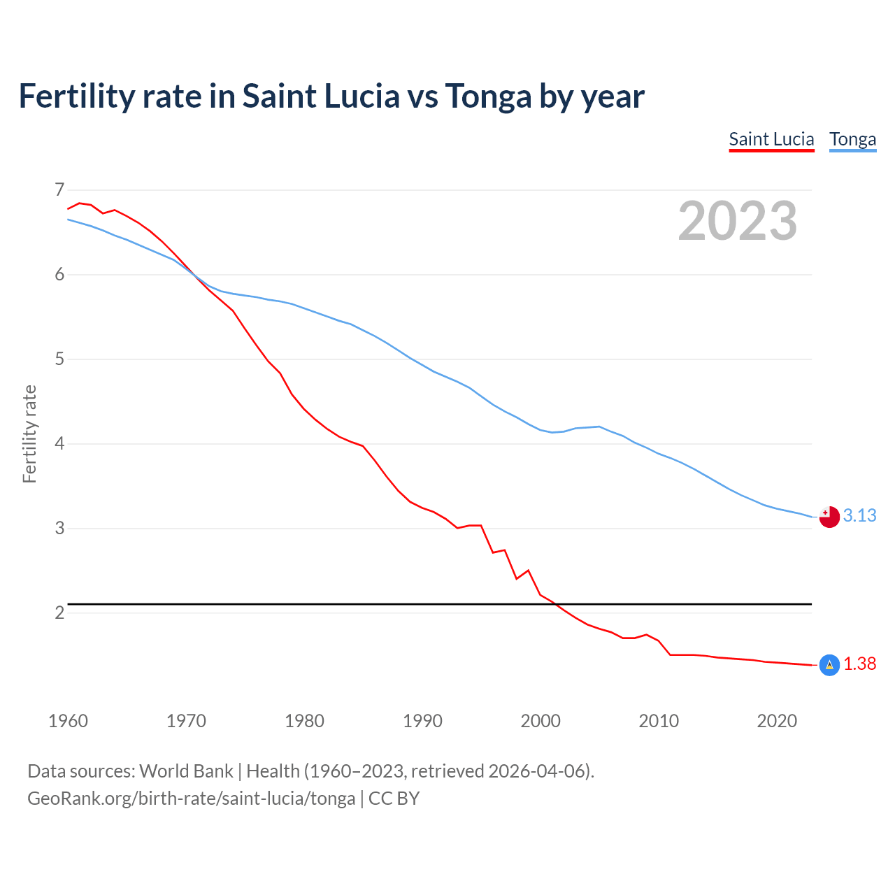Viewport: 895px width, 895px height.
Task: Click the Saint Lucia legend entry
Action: pos(771,139)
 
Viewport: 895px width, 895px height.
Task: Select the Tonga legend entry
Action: pos(852,139)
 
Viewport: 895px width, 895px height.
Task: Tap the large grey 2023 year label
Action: pos(737,221)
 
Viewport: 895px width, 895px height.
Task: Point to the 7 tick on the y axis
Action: pos(59,189)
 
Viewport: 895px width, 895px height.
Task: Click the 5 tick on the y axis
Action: pos(59,359)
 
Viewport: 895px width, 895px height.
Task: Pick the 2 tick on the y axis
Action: pos(59,613)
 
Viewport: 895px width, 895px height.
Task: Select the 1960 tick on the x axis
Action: pos(68,721)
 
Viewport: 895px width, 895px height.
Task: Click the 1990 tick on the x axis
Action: pos(422,721)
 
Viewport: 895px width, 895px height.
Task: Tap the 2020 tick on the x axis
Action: pos(777,721)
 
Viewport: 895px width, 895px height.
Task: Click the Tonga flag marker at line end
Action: pos(829,517)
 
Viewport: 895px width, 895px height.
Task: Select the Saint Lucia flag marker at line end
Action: pos(829,665)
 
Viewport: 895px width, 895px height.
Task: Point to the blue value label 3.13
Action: pos(859,515)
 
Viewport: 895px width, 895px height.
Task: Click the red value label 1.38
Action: pos(859,664)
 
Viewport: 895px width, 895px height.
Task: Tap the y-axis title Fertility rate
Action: pos(29,434)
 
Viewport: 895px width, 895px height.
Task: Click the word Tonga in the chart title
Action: pos(488,96)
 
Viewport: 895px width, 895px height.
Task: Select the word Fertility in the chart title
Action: pos(76,96)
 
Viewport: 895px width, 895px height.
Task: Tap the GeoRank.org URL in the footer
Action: pos(191,799)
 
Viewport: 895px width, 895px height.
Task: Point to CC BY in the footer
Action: pos(394,799)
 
